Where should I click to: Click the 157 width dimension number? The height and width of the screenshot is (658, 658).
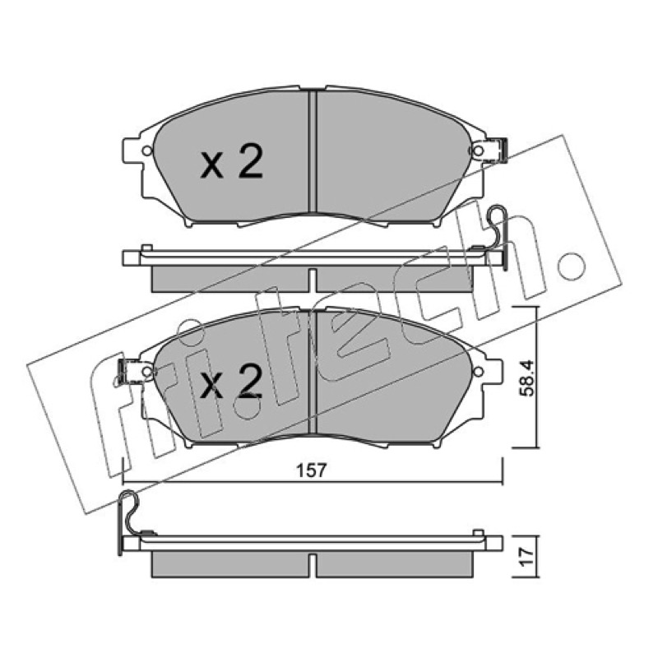click(x=312, y=470)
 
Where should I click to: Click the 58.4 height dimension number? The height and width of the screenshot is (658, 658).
click(x=526, y=378)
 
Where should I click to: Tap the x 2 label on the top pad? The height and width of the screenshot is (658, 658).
click(x=231, y=161)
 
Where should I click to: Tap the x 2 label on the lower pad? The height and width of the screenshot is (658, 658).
click(x=231, y=381)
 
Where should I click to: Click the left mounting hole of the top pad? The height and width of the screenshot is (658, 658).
click(x=147, y=151)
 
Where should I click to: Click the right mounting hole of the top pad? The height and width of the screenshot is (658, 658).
click(x=479, y=151)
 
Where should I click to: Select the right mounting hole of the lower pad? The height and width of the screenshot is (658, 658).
click(x=479, y=372)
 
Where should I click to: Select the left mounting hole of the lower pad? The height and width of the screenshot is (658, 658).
click(x=147, y=372)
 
